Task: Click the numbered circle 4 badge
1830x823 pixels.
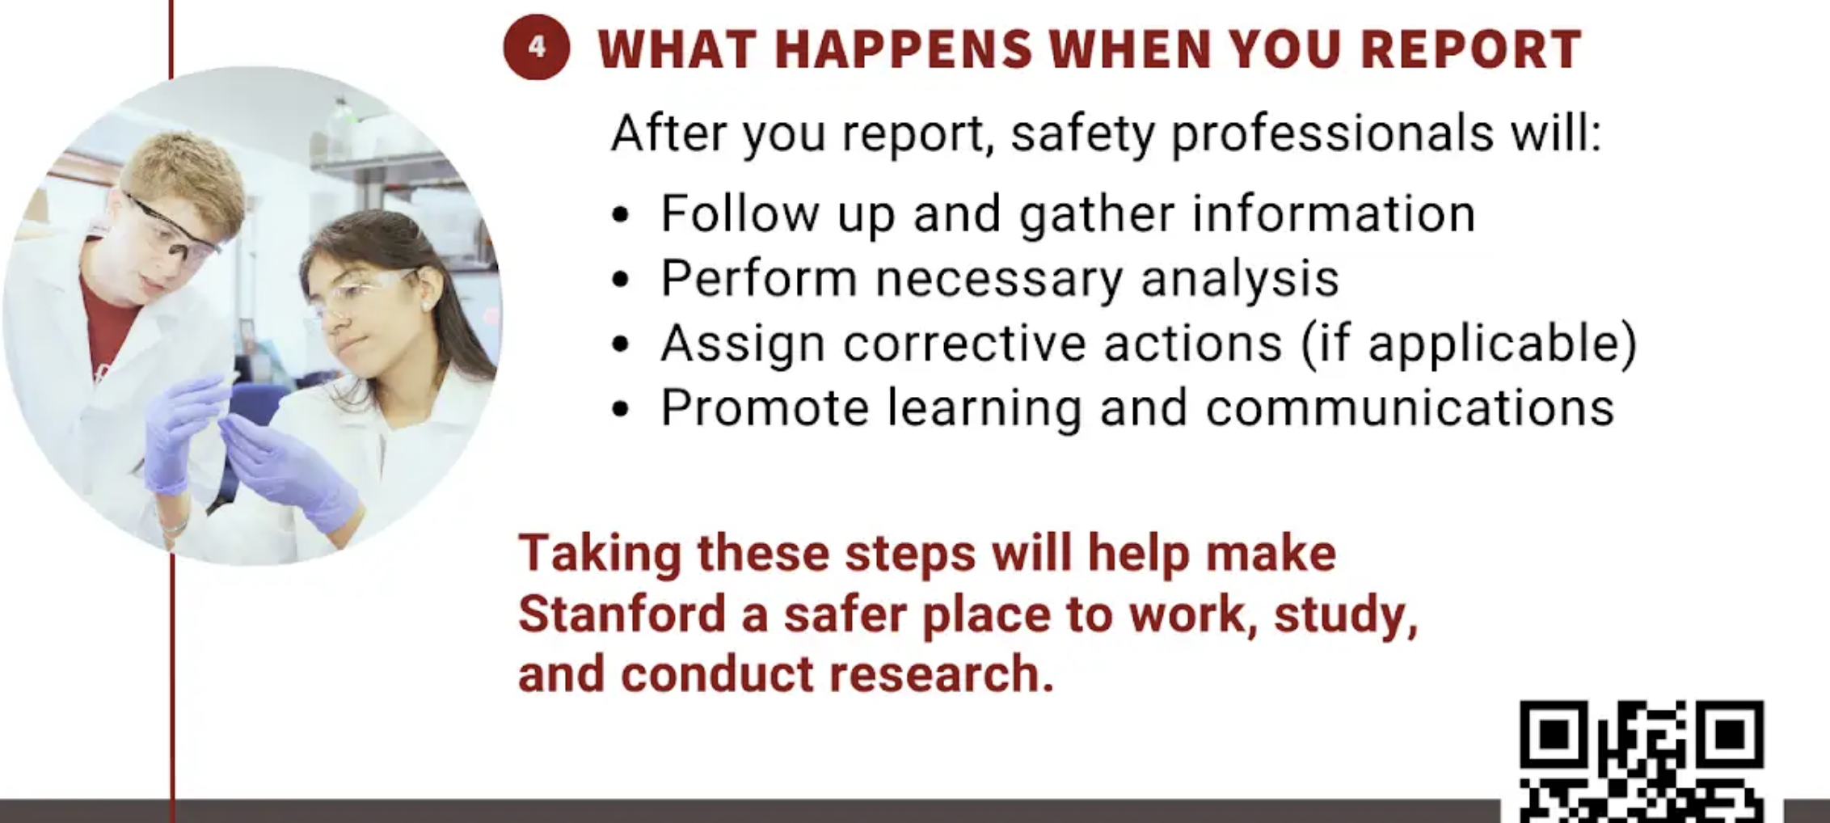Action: (x=537, y=47)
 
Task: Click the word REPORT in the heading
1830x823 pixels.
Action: (x=1471, y=49)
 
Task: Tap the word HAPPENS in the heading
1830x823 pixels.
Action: (x=904, y=49)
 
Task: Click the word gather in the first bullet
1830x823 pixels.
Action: (x=1096, y=214)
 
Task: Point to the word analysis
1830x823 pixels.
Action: (x=1240, y=279)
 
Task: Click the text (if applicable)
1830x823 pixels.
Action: (x=1469, y=344)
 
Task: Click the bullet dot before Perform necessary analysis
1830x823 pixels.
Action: (x=620, y=280)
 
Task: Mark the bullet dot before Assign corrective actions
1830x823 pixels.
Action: (x=620, y=344)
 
